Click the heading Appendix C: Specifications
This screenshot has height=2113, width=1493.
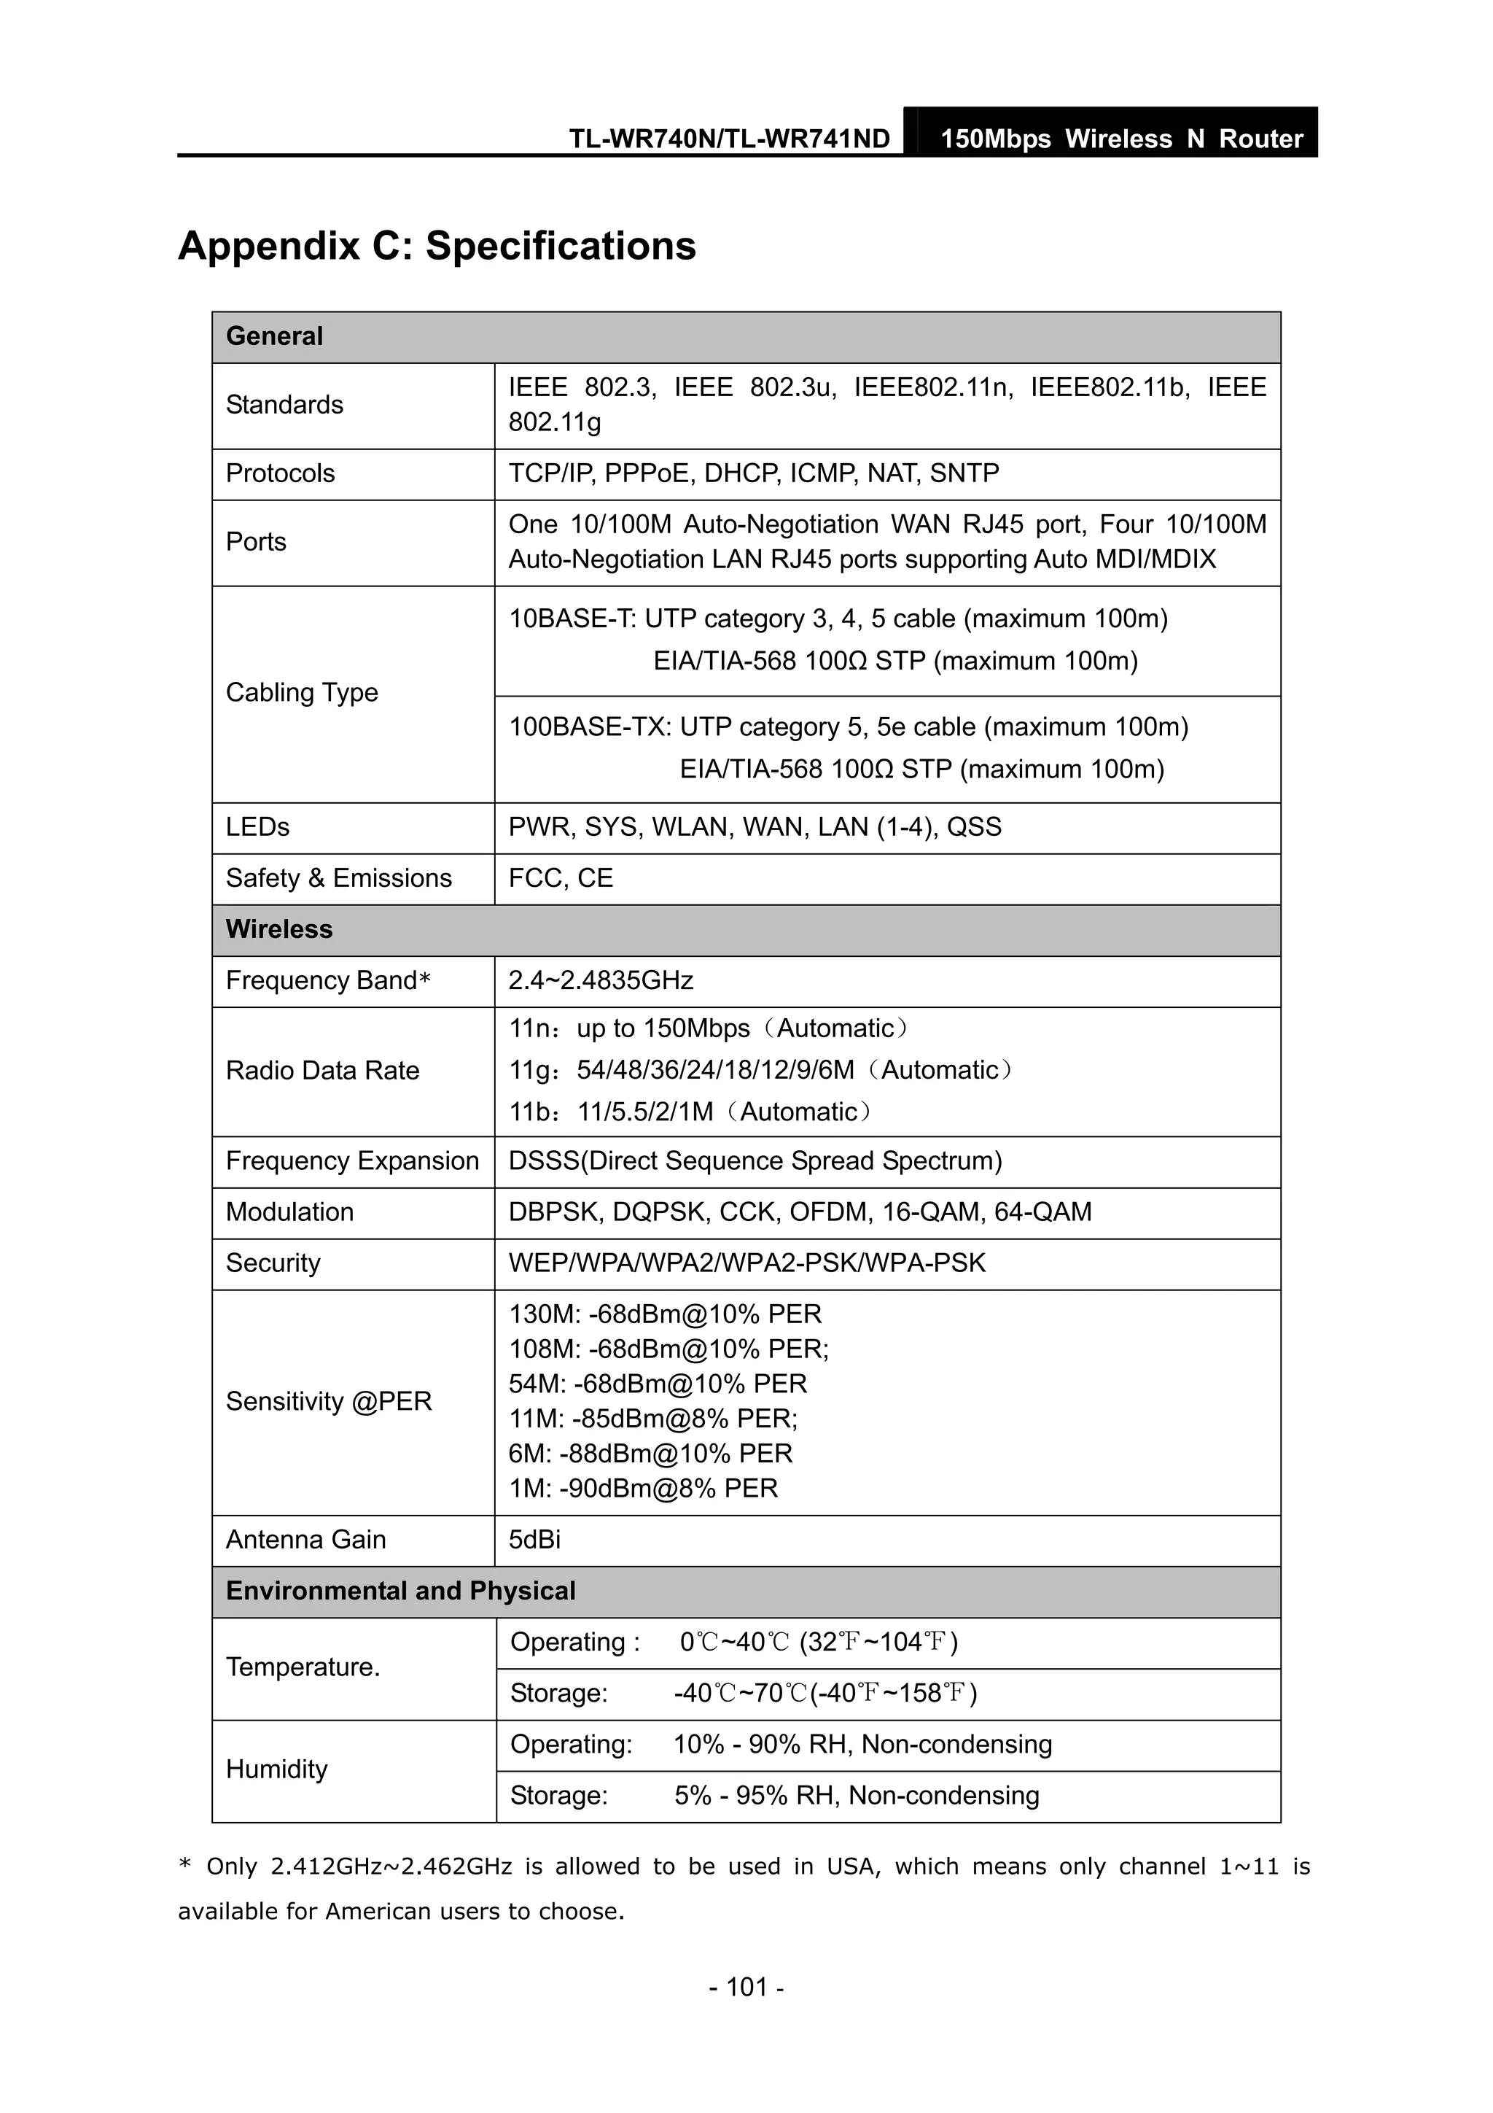[437, 246]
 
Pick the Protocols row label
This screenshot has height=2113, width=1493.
[281, 473]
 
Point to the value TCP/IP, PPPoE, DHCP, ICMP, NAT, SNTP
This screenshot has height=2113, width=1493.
[753, 473]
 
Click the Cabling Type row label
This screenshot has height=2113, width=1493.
[302, 692]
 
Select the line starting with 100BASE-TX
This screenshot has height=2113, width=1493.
[848, 727]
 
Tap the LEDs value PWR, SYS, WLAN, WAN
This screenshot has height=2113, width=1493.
[755, 826]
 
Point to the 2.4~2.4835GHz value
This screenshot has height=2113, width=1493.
[601, 980]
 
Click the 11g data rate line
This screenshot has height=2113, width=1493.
[760, 1070]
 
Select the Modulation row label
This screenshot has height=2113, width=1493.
[289, 1212]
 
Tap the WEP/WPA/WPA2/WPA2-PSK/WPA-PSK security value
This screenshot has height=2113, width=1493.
[746, 1263]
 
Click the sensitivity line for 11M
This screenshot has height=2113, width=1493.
[652, 1418]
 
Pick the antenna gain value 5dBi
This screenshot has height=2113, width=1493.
[534, 1540]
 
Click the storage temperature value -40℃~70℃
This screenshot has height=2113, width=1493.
[825, 1694]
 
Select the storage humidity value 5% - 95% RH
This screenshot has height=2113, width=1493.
[856, 1796]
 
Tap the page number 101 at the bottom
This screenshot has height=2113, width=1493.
[746, 1987]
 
